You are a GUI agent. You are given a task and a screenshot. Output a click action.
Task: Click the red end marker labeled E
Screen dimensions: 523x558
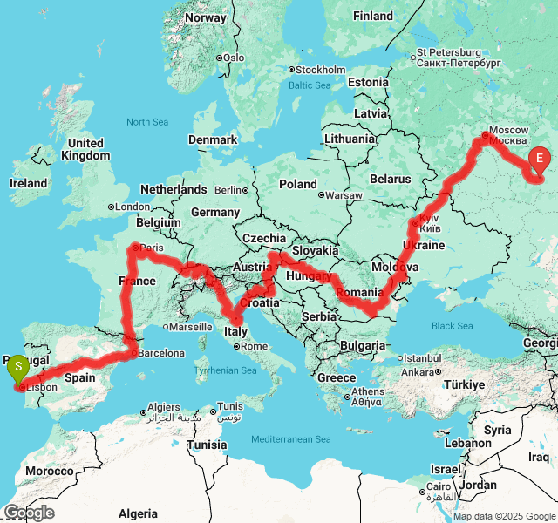[x=540, y=159]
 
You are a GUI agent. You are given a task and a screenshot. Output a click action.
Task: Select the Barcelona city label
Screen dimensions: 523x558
[x=161, y=353]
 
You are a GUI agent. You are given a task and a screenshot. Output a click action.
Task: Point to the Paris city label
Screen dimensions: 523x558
[x=152, y=248]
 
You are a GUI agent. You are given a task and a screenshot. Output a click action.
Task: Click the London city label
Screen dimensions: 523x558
[x=132, y=207]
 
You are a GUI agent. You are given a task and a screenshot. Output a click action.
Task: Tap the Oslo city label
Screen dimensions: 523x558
[x=233, y=58]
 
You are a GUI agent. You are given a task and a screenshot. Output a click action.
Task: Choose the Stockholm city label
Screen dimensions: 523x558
[x=321, y=70]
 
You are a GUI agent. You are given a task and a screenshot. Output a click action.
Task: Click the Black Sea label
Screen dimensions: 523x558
[x=453, y=326]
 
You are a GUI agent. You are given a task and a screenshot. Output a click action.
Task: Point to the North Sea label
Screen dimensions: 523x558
[x=147, y=122]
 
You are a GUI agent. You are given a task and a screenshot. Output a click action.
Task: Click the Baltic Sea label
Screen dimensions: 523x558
[x=310, y=85]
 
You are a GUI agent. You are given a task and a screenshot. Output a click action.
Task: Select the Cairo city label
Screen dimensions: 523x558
[x=439, y=486]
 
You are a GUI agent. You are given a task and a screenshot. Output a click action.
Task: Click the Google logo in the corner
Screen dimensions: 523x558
[x=29, y=513]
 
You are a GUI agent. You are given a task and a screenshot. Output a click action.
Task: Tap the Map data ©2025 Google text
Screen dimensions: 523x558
[x=503, y=516]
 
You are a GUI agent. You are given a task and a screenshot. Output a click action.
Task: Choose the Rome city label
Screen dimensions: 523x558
[x=254, y=346]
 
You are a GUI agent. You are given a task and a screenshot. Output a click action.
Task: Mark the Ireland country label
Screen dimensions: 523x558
[x=28, y=183]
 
